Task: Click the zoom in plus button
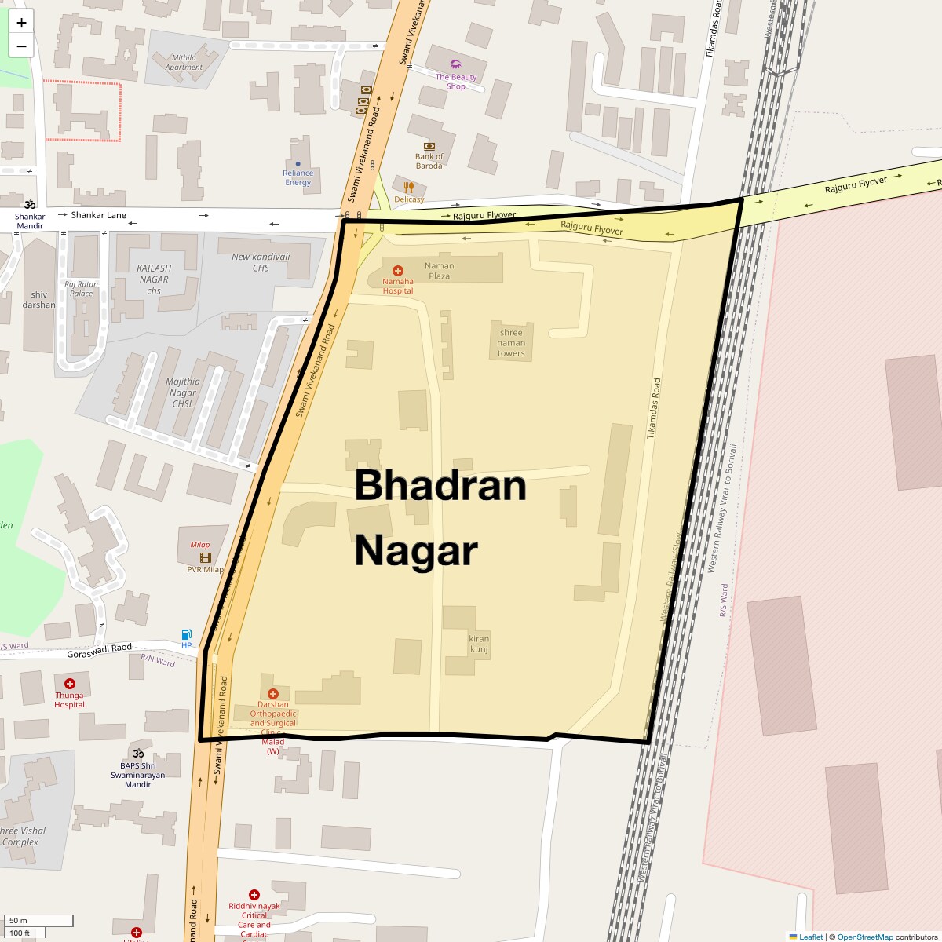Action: (21, 23)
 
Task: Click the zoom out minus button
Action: (21, 46)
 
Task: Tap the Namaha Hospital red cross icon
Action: (398, 271)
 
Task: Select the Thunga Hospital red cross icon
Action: (70, 684)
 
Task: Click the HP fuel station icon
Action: (187, 634)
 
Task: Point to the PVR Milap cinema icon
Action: (206, 557)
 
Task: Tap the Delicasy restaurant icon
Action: (409, 188)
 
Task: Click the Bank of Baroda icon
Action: (429, 146)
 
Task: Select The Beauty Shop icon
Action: (456, 64)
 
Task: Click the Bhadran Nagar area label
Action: (440, 517)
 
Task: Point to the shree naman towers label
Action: (511, 343)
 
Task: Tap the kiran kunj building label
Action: (479, 644)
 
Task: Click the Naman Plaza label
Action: (440, 271)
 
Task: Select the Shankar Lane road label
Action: (99, 215)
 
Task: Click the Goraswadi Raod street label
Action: (100, 651)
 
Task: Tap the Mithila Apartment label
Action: (184, 62)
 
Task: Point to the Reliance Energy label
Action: (298, 178)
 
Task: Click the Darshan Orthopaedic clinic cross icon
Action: (273, 694)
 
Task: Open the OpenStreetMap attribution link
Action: (864, 937)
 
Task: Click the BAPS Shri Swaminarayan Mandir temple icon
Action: (138, 754)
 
